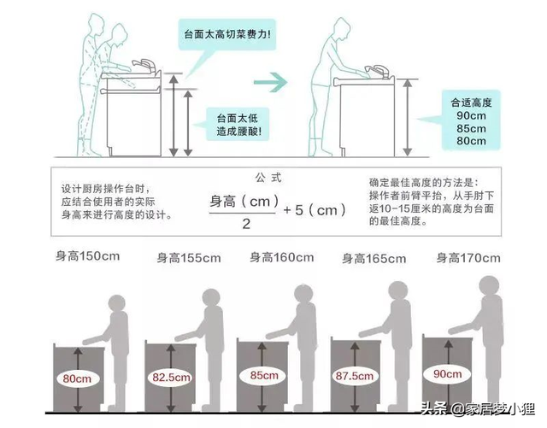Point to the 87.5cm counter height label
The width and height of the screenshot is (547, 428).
point(353,374)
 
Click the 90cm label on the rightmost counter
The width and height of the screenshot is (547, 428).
point(447,372)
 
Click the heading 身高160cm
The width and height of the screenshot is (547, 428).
point(279,256)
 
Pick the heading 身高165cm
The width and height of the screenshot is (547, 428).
point(373,257)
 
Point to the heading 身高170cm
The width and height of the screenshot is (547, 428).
point(468,256)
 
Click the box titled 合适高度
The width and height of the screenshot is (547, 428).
point(470,120)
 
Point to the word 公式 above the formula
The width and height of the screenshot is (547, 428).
point(267,178)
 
